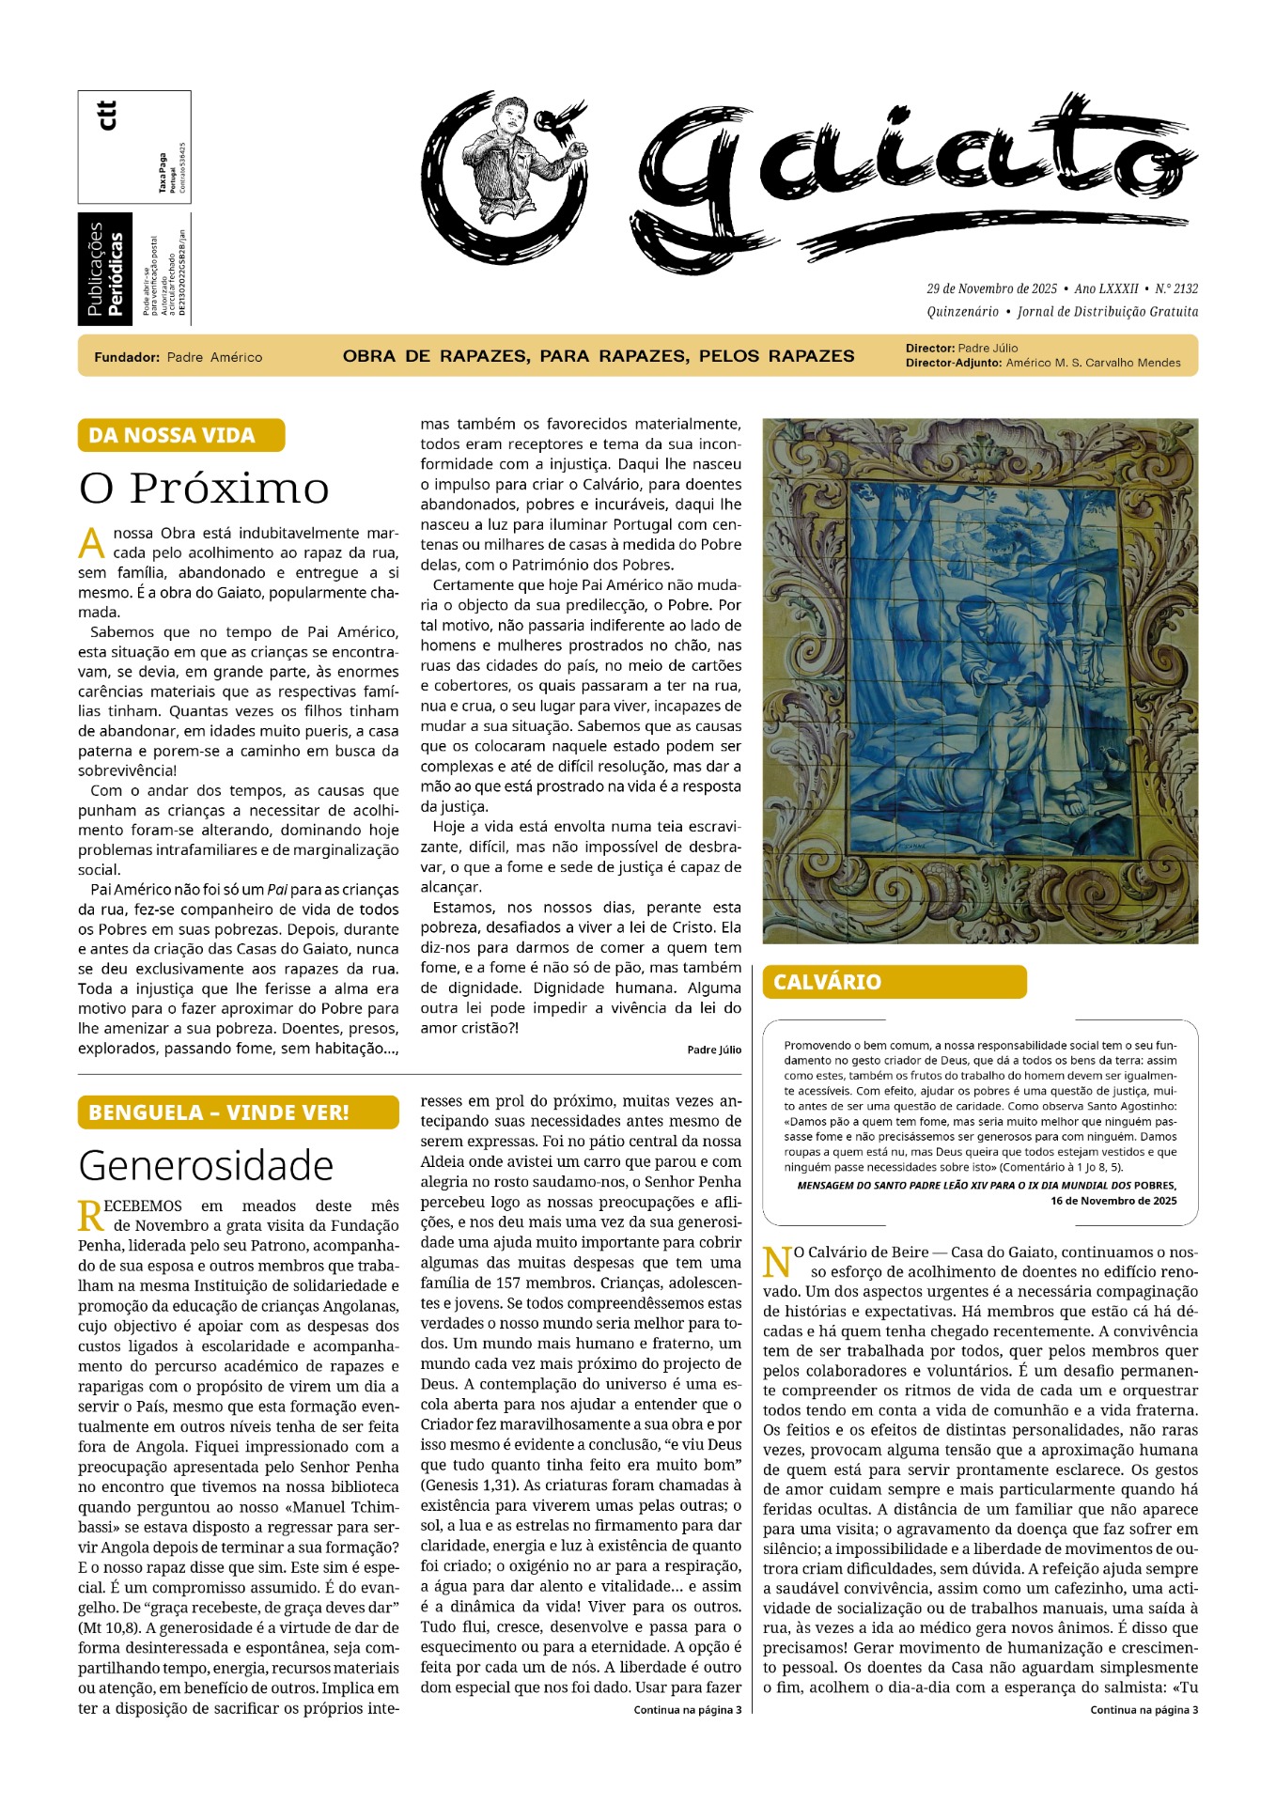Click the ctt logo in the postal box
108,115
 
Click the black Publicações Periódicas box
105,270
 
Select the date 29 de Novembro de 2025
991,288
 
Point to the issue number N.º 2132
1176,288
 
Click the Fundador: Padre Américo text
179,357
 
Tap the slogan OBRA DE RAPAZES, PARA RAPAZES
599,356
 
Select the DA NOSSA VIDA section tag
180,435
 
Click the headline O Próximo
204,488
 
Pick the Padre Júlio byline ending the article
714,1050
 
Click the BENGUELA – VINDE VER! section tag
238,1112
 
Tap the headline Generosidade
206,1165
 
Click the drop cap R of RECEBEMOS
90,1216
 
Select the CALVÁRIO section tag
894,982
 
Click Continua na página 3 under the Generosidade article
687,1710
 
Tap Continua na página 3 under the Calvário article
1144,1710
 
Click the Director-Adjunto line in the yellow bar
1043,363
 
